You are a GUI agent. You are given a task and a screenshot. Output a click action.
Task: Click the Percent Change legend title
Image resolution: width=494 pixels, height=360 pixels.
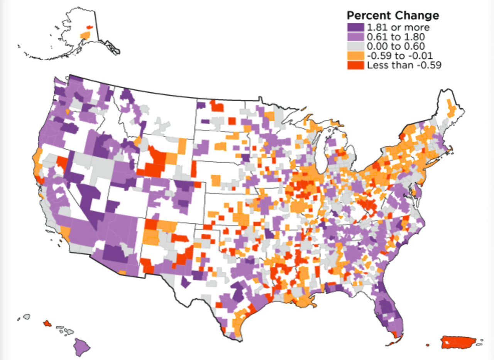(x=392, y=15)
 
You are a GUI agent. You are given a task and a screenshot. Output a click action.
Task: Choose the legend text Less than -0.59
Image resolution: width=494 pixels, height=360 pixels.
(x=404, y=65)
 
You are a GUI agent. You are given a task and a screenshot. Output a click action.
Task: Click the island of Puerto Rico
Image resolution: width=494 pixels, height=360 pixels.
(x=459, y=341)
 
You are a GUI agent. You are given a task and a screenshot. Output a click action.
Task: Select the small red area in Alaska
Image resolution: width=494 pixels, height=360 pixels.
(x=89, y=27)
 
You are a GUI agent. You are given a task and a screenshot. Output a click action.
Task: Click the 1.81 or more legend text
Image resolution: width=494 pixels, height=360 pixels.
(x=399, y=27)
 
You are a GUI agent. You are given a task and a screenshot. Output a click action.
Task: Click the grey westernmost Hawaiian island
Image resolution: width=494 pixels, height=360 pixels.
(x=27, y=316)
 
